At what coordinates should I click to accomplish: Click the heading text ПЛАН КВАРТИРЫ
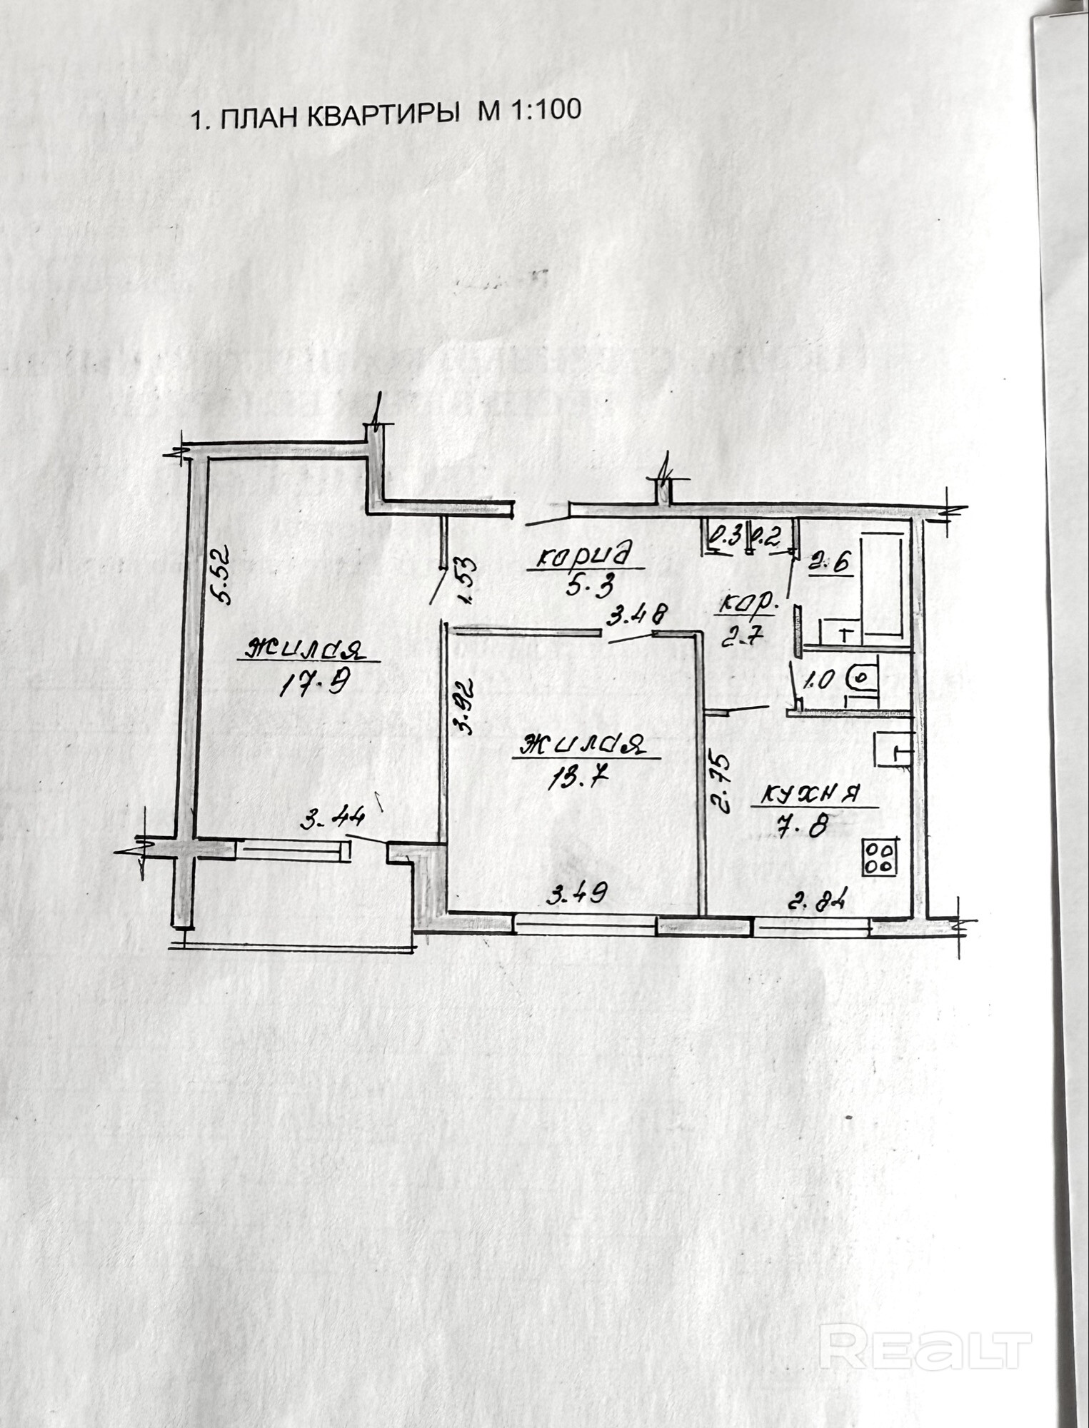(x=339, y=116)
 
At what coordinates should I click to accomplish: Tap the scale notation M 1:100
(x=529, y=111)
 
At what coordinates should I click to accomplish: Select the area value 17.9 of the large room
(x=313, y=686)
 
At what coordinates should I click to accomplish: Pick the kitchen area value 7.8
(x=802, y=827)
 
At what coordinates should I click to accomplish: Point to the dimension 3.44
(x=332, y=819)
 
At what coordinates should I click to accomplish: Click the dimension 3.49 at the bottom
(x=576, y=893)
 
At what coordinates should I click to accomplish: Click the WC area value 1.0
(x=818, y=679)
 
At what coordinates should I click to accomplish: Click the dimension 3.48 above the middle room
(x=637, y=614)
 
